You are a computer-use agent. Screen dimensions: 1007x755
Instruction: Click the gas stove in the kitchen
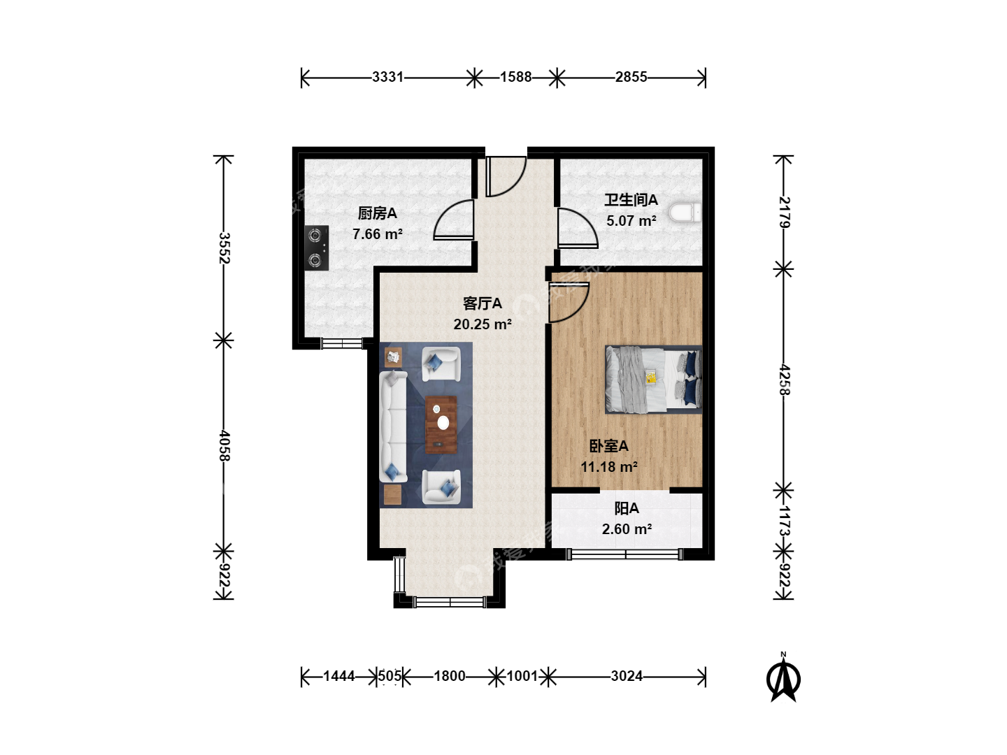(x=317, y=248)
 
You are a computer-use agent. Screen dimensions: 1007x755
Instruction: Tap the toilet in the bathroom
(x=685, y=213)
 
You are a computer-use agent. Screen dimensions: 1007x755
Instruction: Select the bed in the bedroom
(x=654, y=380)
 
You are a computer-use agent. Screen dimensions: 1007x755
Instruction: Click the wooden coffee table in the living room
(x=441, y=424)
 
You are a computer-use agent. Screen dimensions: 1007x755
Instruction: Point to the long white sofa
(x=393, y=426)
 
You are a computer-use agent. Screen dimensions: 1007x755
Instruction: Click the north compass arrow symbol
(x=784, y=678)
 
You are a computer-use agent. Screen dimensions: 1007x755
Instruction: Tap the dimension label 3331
(x=387, y=77)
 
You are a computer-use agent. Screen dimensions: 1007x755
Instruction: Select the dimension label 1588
(x=515, y=77)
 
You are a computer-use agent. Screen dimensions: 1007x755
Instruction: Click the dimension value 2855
(x=631, y=77)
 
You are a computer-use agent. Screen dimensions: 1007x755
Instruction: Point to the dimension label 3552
(x=224, y=248)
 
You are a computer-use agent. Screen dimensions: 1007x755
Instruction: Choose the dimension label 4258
(x=784, y=380)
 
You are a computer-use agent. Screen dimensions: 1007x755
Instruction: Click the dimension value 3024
(x=627, y=676)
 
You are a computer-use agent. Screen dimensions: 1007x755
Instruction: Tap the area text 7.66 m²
(x=378, y=234)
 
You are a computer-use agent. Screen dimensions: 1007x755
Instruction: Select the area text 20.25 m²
(x=483, y=324)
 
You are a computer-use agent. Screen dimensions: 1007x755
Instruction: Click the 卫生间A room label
(x=631, y=200)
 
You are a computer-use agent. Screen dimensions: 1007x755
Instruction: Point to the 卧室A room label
(x=609, y=446)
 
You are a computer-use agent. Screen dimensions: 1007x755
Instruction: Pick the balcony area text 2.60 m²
(x=627, y=529)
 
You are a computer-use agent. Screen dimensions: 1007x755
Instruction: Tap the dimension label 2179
(x=784, y=213)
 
